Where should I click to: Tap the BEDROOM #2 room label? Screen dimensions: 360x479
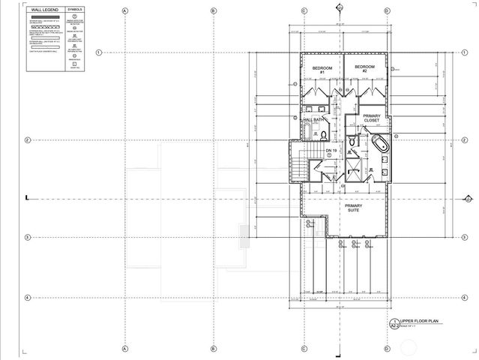(365, 69)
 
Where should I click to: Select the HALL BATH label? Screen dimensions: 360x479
(314, 120)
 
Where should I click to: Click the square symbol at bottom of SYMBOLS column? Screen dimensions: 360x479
(76, 64)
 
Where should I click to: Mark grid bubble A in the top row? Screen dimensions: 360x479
(125, 11)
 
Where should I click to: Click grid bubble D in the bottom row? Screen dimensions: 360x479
(387, 349)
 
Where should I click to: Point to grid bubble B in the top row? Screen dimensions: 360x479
(214, 11)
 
